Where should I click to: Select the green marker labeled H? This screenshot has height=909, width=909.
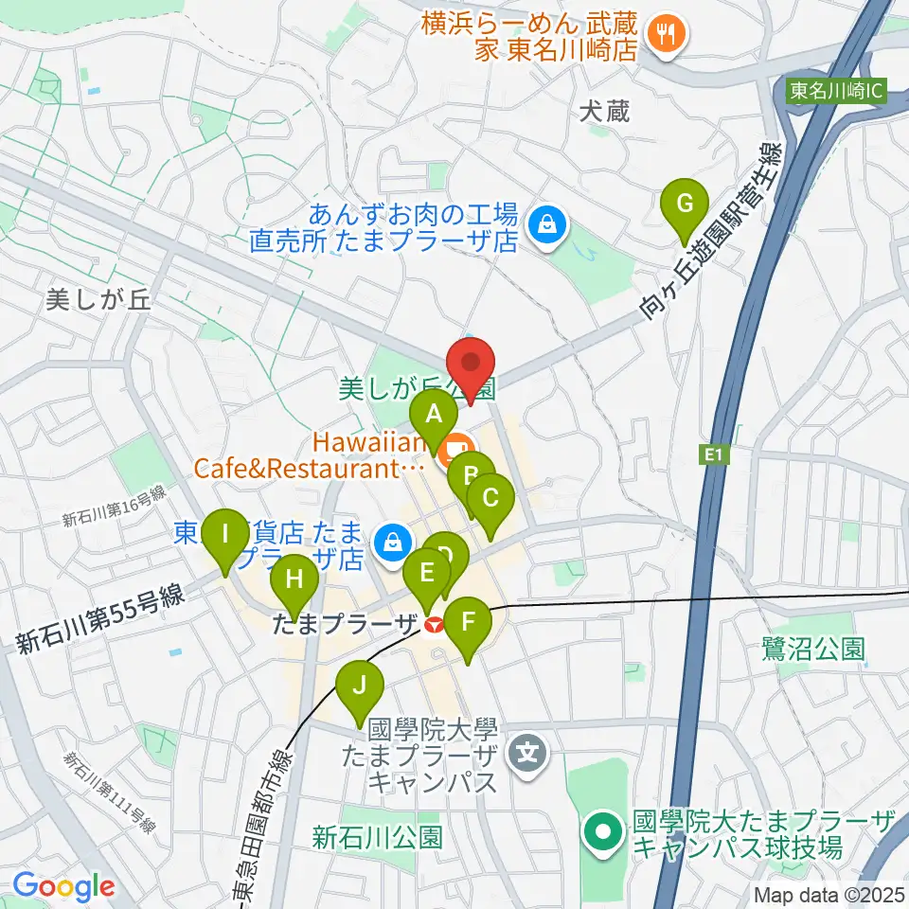point(294,580)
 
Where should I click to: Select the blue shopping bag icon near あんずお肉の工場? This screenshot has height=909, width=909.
point(546,224)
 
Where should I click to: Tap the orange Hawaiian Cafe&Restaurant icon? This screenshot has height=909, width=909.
point(457,444)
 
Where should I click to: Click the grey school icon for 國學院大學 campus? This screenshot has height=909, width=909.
point(521,754)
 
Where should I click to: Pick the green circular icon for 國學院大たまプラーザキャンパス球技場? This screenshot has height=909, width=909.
point(601,832)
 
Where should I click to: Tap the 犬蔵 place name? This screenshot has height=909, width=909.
point(604,112)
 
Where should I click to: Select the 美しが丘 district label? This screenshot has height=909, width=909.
point(98,301)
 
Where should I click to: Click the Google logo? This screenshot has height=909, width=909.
point(63,887)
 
